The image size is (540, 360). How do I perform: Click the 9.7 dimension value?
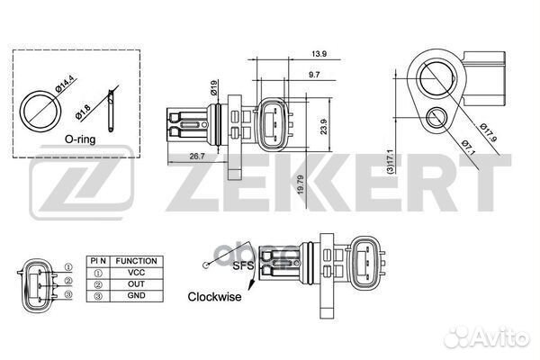(313, 75)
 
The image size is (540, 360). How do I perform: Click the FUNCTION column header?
(137, 261)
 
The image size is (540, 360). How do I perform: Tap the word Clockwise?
(214, 296)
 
